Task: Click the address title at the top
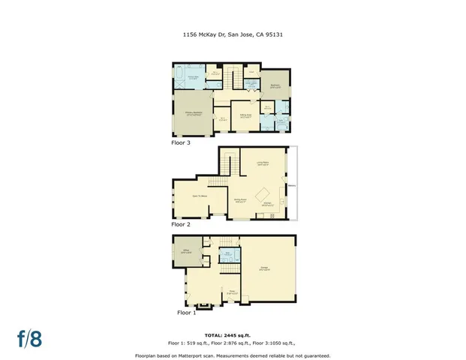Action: (x=233, y=34)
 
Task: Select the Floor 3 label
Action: (x=182, y=141)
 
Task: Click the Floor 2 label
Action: (x=182, y=224)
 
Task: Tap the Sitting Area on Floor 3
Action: (x=245, y=115)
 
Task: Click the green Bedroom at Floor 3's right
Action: (x=275, y=86)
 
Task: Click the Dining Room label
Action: (x=241, y=199)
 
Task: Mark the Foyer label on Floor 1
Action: (x=233, y=292)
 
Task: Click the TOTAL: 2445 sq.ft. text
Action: (x=233, y=334)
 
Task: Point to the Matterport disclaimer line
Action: (x=233, y=355)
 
